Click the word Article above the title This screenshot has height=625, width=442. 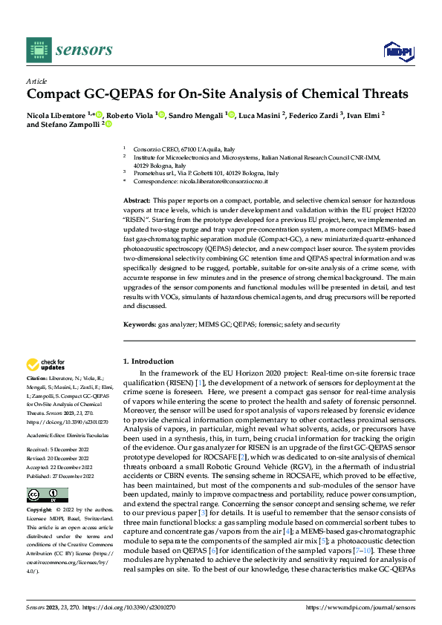pyautogui.click(x=36, y=81)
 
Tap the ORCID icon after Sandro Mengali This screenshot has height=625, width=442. pyautogui.click(x=231, y=115)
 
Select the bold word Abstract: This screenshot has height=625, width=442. pyautogui.click(x=137, y=201)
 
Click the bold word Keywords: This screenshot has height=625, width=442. pyautogui.click(x=140, y=324)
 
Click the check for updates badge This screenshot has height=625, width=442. pyautogui.click(x=45, y=365)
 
